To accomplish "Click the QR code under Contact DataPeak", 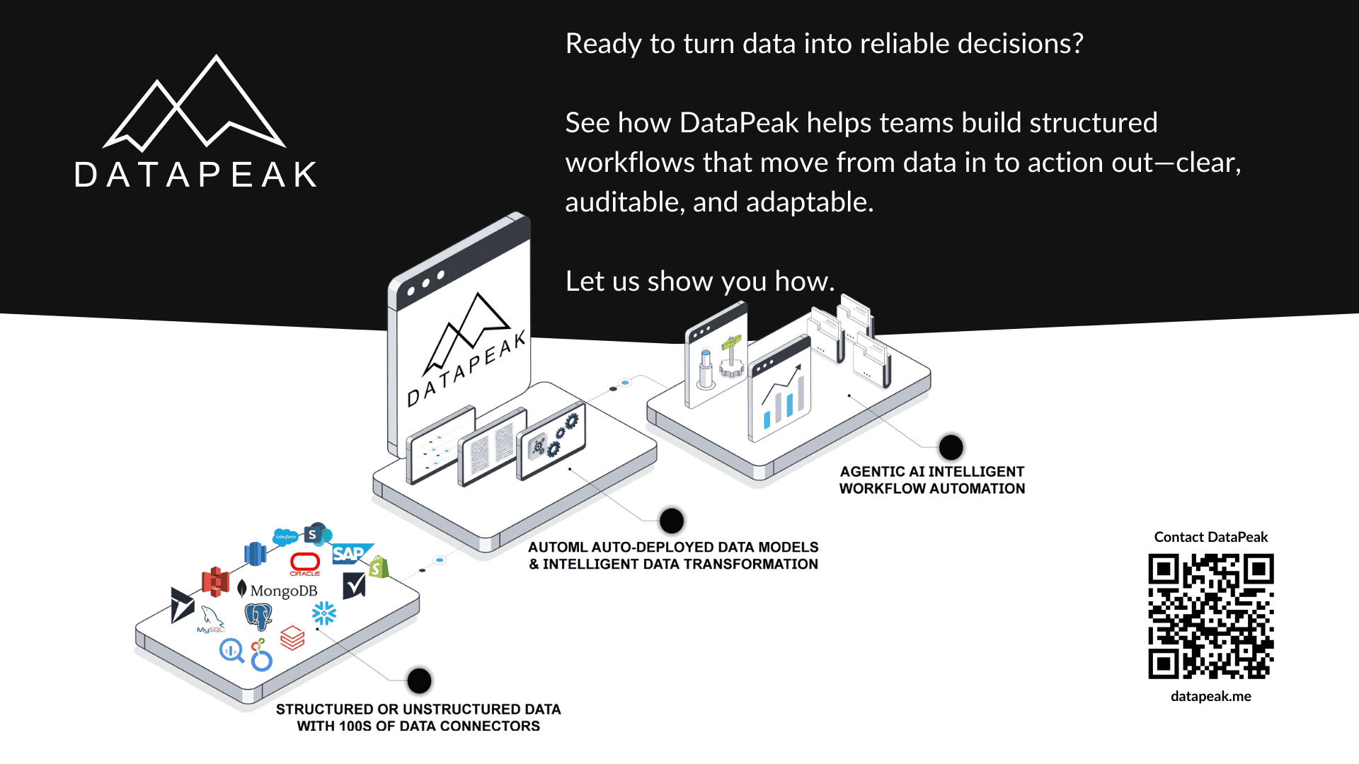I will tap(1210, 616).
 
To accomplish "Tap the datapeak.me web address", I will tap(1210, 696).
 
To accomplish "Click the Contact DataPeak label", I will tap(1210, 537).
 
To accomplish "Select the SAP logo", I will tap(349, 553).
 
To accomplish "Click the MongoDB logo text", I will tap(283, 591).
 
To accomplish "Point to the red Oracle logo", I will tap(305, 563).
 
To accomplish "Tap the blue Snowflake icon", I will tap(324, 613).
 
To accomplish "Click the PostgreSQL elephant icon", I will tap(258, 616).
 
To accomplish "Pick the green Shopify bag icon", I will tap(379, 567).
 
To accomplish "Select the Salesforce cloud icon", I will tap(285, 537).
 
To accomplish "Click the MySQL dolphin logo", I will tap(211, 619).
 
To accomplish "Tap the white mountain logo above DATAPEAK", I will tap(194, 105).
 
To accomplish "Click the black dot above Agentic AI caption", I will tap(951, 447).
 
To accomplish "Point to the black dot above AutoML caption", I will tap(671, 521).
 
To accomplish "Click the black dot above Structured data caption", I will tap(419, 681).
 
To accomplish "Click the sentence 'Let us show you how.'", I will tap(699, 282).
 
